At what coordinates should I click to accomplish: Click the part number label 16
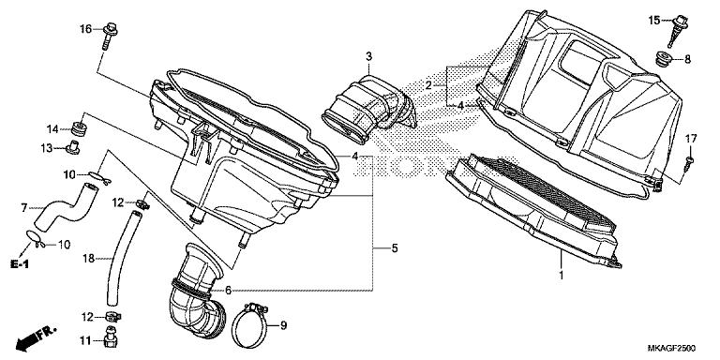pos(84,29)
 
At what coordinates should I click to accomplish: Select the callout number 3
pos(369,57)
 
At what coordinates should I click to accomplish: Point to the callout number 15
pos(654,19)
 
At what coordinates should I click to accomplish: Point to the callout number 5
pos(394,247)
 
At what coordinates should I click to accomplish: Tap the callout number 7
pos(25,207)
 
